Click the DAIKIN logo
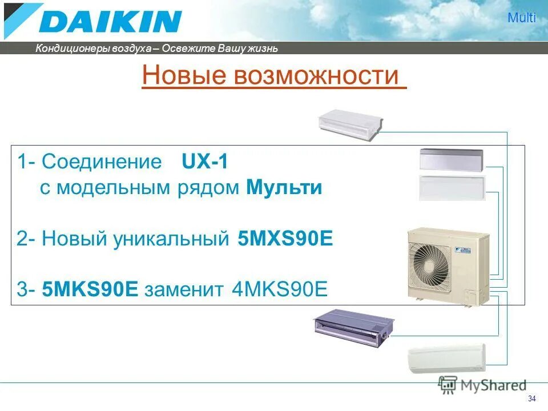pyautogui.click(x=94, y=21)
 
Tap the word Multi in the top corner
pyautogui.click(x=522, y=18)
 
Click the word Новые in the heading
pyautogui.click(x=184, y=76)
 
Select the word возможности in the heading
pyautogui.click(x=316, y=76)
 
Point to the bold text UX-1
pyautogui.click(x=205, y=162)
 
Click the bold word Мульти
pyautogui.click(x=285, y=188)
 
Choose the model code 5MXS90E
pyautogui.click(x=284, y=239)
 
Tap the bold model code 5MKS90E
pyautogui.click(x=91, y=289)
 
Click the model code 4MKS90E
pyautogui.click(x=280, y=289)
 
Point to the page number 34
pyautogui.click(x=532, y=398)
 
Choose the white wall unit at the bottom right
pyautogui.click(x=446, y=358)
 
